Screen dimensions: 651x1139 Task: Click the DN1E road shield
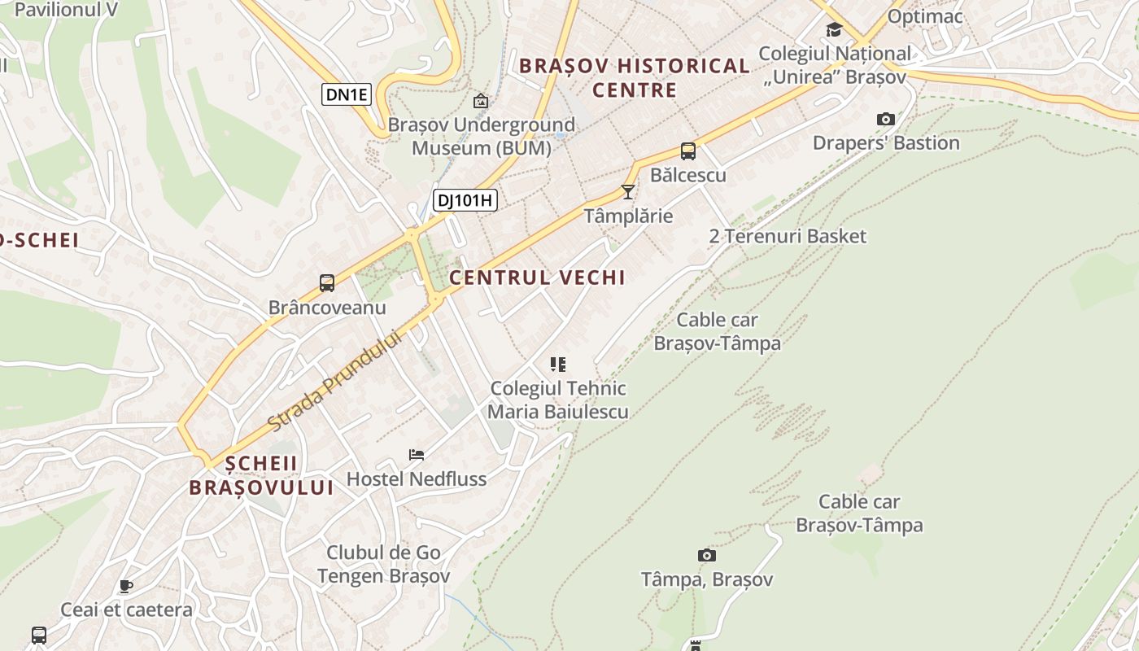(347, 94)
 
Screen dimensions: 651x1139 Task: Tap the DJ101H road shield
(465, 200)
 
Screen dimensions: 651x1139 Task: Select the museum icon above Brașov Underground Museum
(481, 101)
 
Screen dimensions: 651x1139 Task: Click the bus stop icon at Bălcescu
(687, 151)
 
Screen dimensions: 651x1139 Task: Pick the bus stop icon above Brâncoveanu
(327, 283)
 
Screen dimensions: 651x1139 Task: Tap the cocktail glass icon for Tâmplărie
(627, 192)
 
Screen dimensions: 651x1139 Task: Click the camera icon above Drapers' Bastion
(886, 119)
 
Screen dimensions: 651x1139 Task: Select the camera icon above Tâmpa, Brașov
(707, 555)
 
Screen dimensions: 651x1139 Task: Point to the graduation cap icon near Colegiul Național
(834, 30)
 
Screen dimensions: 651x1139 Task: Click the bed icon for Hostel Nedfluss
(417, 454)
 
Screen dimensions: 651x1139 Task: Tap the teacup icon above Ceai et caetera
(125, 585)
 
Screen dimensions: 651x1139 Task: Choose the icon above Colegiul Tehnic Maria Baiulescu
(557, 364)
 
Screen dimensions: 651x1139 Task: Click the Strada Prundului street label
(335, 380)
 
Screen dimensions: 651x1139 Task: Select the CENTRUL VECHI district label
(537, 277)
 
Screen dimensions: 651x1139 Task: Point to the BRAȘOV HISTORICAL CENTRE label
(635, 77)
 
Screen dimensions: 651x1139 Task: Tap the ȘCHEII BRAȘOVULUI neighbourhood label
(261, 475)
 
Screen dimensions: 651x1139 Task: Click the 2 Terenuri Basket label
(788, 236)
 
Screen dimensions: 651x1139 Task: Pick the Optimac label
(925, 16)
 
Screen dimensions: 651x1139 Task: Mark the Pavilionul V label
(65, 10)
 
